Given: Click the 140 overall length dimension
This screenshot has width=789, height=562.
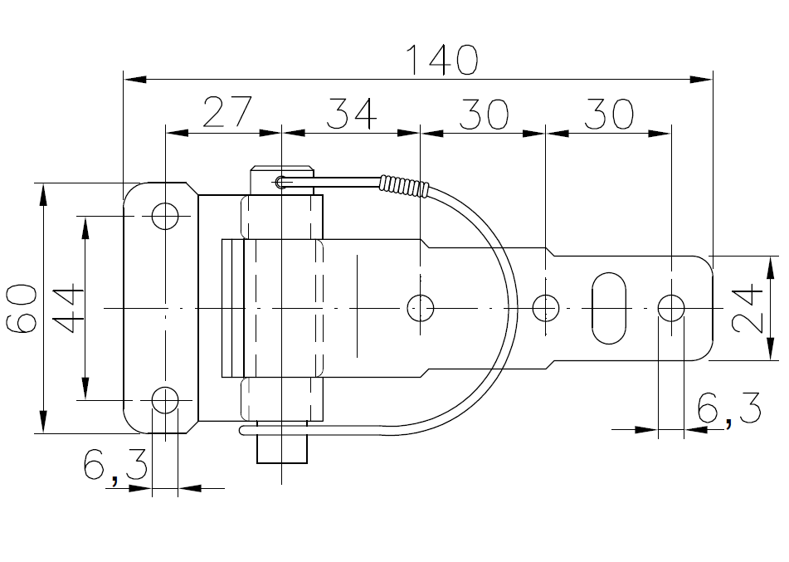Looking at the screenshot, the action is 442,60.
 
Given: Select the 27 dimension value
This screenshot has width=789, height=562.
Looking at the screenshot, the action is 227,111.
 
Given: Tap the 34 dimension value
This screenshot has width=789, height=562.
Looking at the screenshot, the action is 351,113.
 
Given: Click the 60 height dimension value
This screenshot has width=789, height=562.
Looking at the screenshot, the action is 22,308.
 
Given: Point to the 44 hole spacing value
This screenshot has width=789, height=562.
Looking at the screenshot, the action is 68,308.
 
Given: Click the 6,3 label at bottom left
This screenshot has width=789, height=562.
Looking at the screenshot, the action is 115,467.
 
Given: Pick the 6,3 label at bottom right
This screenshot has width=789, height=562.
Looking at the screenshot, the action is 729,409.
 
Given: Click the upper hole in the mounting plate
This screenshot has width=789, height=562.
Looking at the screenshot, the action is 165,216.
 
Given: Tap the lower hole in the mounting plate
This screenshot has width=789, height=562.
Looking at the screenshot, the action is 165,400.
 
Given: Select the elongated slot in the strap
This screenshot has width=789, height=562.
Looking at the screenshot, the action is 609,308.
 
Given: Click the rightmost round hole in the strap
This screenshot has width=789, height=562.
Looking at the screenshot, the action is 671,308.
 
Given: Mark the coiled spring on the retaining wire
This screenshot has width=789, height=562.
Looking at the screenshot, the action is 405,186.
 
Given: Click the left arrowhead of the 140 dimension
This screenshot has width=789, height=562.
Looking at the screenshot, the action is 135,79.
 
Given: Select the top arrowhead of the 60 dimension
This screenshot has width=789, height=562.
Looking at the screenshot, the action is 43,195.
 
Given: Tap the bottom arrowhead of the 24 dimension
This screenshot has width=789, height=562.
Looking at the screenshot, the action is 771,349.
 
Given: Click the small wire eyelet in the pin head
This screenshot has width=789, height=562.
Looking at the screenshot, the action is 280,182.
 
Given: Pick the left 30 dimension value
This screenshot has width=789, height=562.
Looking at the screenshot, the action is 483,113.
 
